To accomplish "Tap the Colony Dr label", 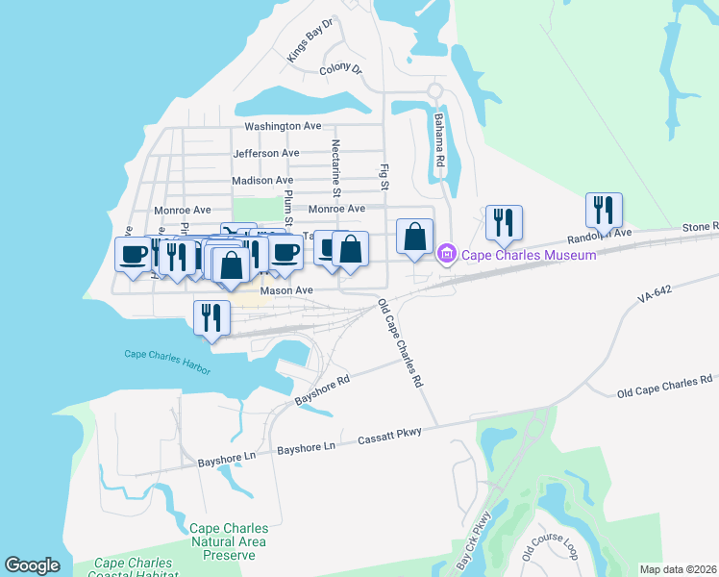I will (340, 69).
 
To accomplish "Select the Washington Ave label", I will (283, 126).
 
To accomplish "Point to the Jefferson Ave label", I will (266, 153).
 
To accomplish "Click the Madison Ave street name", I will (262, 180).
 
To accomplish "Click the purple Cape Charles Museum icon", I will (446, 255).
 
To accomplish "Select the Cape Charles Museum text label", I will (529, 255).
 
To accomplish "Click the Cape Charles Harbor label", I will (167, 354).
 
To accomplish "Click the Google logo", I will (32, 565).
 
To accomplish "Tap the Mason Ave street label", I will (286, 289).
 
